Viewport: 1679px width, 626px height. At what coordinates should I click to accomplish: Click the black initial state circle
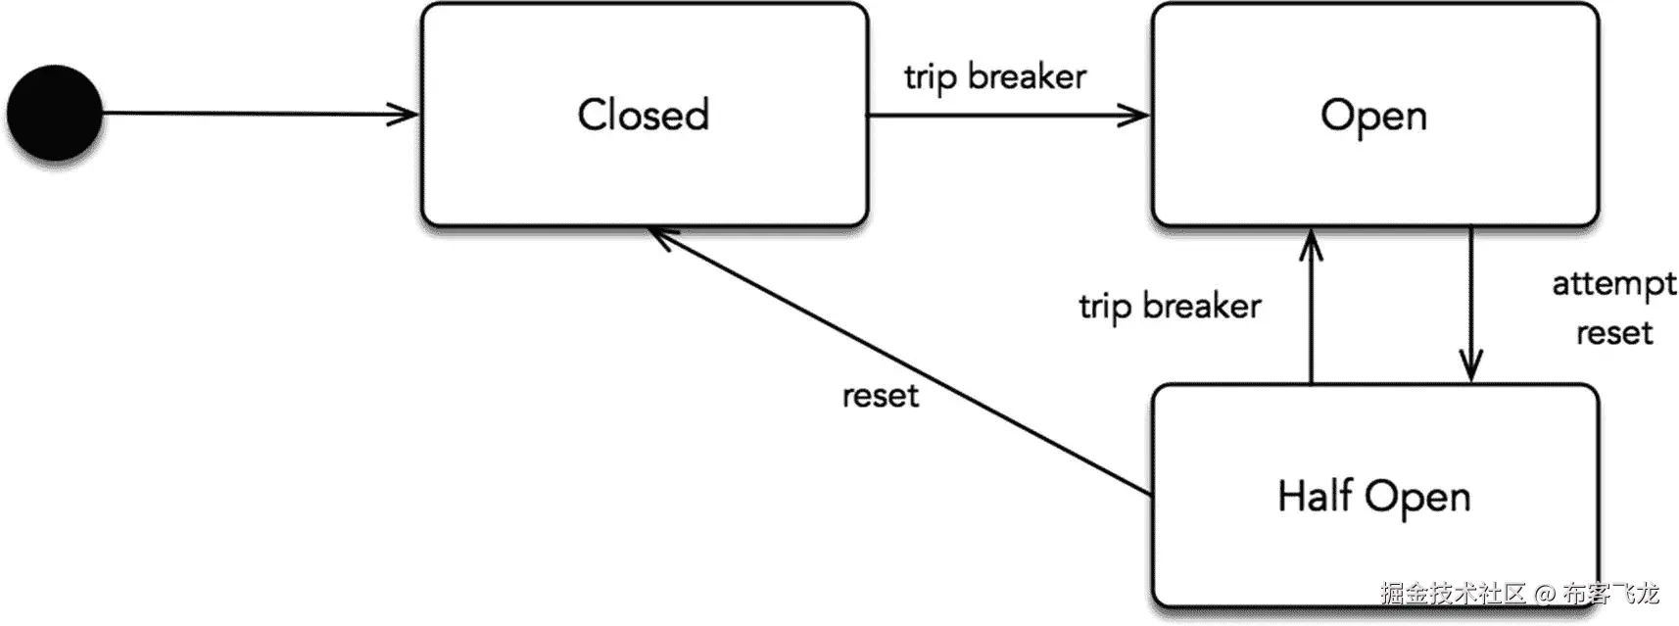pyautogui.click(x=55, y=113)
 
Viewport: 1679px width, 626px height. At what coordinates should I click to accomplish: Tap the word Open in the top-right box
pyautogui.click(x=1373, y=116)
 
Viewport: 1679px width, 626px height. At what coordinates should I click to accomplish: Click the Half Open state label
pyautogui.click(x=1373, y=496)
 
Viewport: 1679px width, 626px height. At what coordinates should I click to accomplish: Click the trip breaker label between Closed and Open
pyautogui.click(x=994, y=76)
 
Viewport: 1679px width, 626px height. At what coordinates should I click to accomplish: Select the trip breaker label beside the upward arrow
pyautogui.click(x=1170, y=306)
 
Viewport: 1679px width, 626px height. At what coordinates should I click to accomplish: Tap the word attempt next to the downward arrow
pyautogui.click(x=1613, y=283)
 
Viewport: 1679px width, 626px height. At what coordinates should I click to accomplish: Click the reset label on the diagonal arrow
pyautogui.click(x=880, y=396)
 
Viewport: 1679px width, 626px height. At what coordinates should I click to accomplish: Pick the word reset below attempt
pyautogui.click(x=1613, y=333)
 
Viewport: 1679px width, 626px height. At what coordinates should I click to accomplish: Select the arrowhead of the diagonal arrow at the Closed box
pyautogui.click(x=661, y=235)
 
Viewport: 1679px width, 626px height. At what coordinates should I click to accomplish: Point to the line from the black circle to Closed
pyautogui.click(x=255, y=114)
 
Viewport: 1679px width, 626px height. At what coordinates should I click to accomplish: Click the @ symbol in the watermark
pyautogui.click(x=1545, y=594)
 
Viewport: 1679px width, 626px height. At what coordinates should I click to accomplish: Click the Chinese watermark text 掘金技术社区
pyautogui.click(x=1453, y=594)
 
